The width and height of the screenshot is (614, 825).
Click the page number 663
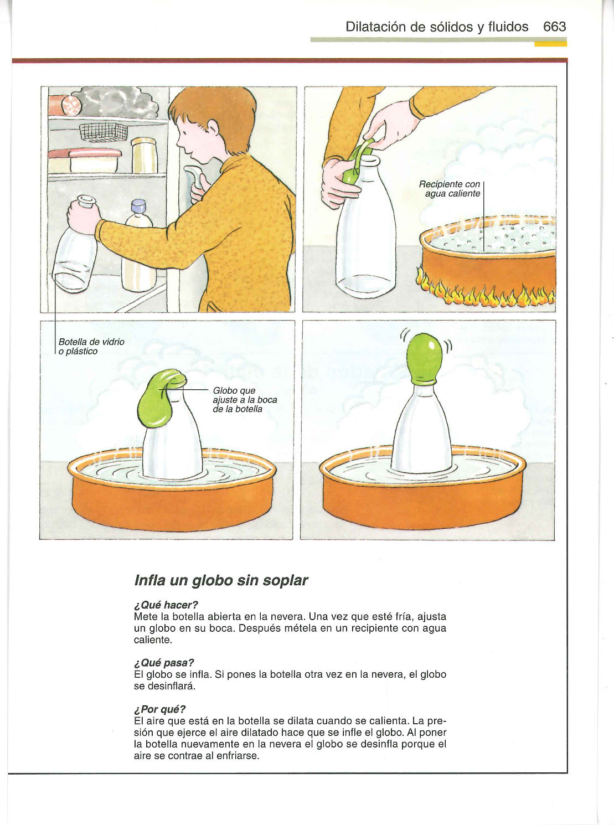[x=554, y=27]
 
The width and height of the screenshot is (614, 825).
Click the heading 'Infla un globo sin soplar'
[x=221, y=581]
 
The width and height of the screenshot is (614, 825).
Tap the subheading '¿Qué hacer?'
[x=166, y=605]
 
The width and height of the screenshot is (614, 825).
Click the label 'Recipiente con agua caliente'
[x=450, y=189]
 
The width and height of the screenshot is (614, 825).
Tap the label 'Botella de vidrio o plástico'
[x=91, y=347]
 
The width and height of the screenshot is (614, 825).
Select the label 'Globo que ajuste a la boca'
[x=245, y=400]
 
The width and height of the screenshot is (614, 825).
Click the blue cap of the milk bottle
[x=138, y=206]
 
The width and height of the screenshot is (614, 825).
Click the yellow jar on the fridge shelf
[x=145, y=156]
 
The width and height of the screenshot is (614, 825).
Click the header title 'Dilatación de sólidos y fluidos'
[x=437, y=27]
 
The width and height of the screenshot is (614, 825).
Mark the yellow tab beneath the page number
[x=550, y=44]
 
